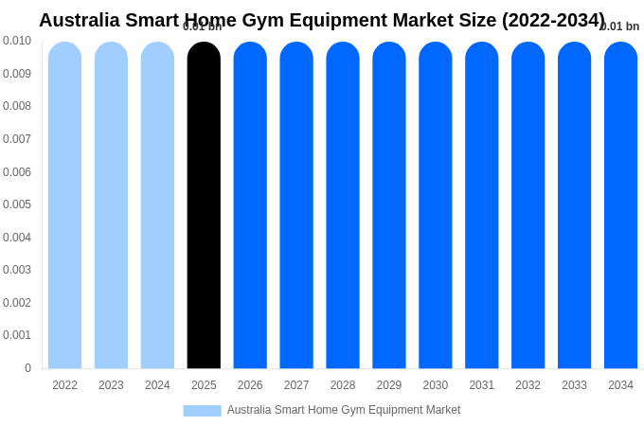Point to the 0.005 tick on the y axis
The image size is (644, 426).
17,204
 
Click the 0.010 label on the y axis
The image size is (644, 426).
17,41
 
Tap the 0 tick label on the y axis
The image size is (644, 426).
27,368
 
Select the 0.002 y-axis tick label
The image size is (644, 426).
17,303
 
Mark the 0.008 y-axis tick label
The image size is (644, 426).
17,106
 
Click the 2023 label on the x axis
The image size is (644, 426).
111,385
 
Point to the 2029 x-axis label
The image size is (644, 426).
389,385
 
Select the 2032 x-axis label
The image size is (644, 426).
528,385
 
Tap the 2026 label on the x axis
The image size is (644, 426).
250,385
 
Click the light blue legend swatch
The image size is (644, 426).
202,411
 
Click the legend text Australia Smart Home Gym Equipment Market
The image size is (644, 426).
344,410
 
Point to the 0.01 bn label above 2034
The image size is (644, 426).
620,27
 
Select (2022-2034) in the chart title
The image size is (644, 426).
553,20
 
